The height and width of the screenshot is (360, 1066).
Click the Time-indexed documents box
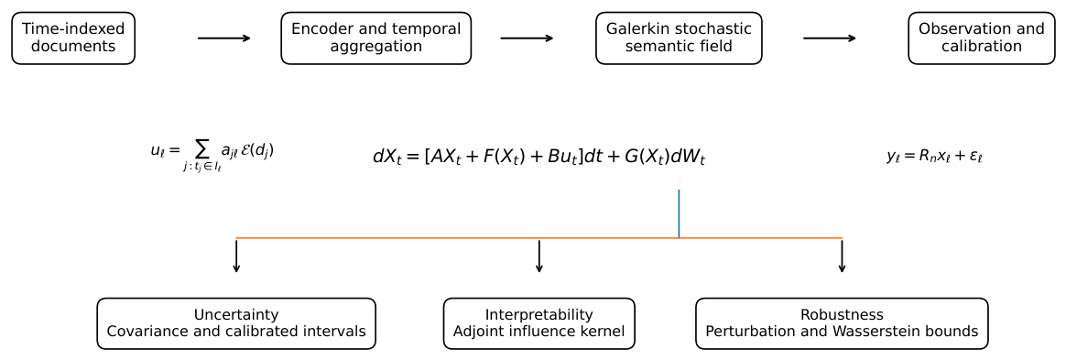point(73,38)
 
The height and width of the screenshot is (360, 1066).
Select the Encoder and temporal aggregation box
point(376,38)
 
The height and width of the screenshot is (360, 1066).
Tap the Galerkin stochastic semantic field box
point(679,38)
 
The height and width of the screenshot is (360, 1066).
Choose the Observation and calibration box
point(981,38)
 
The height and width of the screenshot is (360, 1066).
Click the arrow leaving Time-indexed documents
point(224,38)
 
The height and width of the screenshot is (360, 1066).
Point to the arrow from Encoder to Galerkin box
point(527,38)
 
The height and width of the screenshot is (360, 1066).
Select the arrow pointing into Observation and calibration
point(830,38)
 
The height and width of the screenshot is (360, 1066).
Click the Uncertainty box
point(236,323)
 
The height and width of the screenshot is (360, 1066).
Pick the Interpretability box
point(539,323)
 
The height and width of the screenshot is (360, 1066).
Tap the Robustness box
point(842,323)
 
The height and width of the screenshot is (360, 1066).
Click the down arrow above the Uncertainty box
point(236,256)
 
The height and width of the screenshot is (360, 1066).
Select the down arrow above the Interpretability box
point(539,256)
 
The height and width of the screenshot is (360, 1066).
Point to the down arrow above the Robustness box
point(842,256)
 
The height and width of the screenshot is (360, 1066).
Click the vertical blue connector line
point(679,213)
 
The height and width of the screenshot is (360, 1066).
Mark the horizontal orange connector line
point(539,238)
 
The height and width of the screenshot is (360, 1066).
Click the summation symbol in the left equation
point(201,151)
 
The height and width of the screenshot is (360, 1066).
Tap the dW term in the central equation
point(688,158)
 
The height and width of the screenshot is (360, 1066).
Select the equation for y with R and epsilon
point(934,156)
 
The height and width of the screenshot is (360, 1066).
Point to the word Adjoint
point(479,333)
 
